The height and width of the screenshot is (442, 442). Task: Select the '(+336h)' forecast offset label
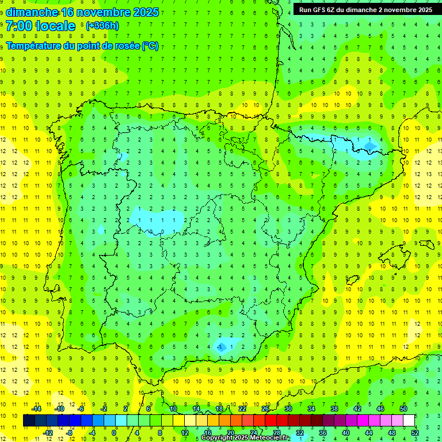click(102, 26)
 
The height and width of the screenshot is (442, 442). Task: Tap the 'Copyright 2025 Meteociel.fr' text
click(245, 438)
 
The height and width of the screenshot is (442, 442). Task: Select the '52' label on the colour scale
click(414, 433)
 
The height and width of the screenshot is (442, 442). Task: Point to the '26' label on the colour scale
click(265, 409)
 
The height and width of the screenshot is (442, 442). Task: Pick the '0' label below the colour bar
click(114, 433)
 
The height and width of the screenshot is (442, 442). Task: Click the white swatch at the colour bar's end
click(409, 421)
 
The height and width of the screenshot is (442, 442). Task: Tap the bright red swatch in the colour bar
click(271, 421)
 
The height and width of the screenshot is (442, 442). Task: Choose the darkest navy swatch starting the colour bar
click(29, 421)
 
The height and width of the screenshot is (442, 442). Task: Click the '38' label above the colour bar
click(334, 409)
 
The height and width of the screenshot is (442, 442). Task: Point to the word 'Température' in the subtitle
click(35, 46)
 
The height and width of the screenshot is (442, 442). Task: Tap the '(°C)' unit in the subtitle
click(150, 46)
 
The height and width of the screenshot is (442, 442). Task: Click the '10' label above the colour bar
click(173, 409)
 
